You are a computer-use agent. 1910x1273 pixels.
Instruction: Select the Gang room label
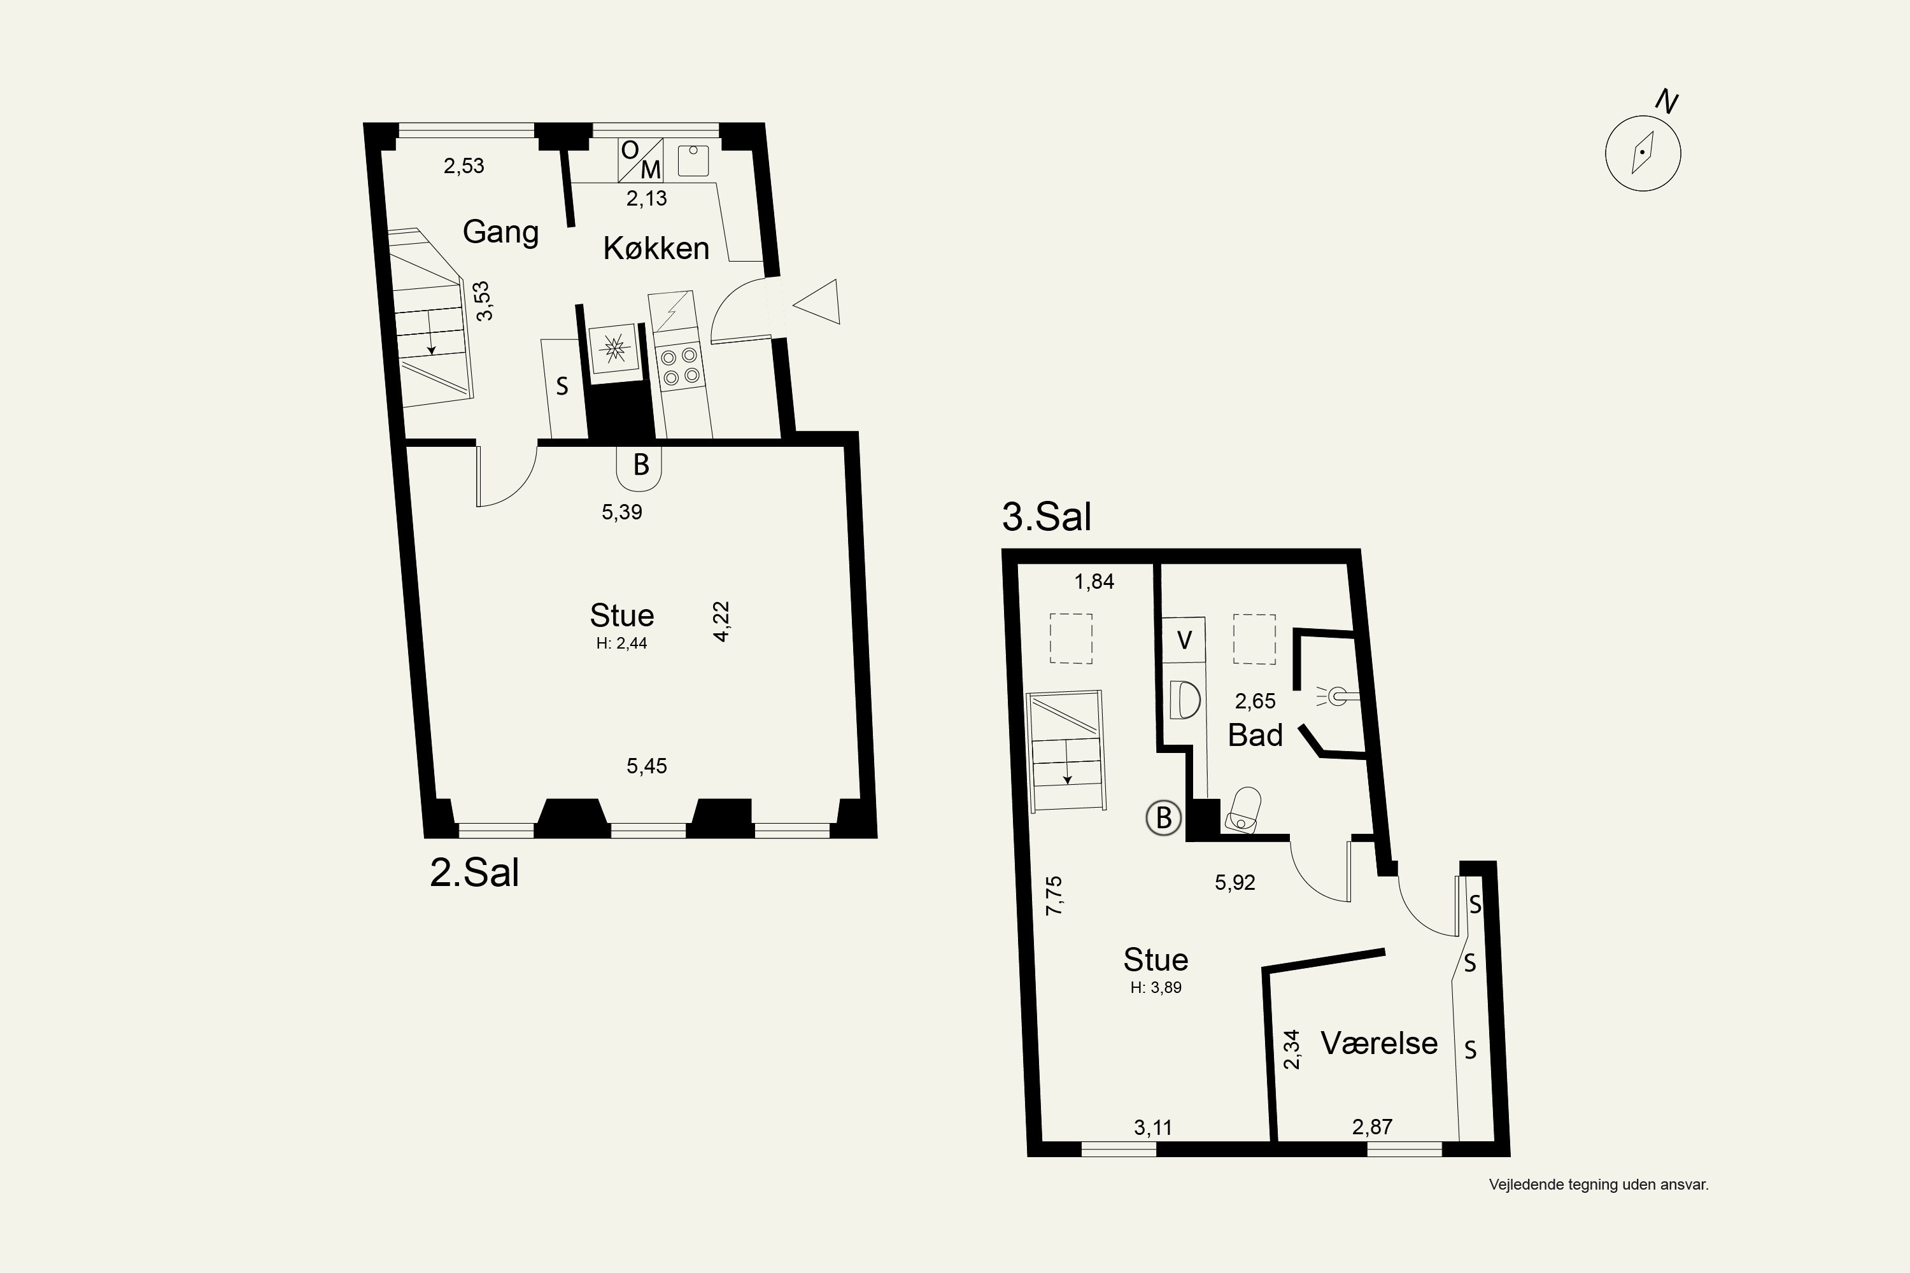pyautogui.click(x=500, y=232)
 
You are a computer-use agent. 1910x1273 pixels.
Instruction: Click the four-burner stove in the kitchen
pyautogui.click(x=680, y=366)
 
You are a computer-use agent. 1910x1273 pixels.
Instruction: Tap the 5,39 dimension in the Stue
pyautogui.click(x=622, y=512)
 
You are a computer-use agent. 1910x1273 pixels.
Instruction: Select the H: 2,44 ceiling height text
pyautogui.click(x=621, y=644)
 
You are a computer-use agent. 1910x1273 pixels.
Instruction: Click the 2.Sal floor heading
pyautogui.click(x=474, y=873)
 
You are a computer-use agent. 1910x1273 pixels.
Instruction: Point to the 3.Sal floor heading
pyautogui.click(x=1047, y=516)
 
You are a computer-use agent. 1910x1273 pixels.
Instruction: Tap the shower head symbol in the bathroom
pyautogui.click(x=1335, y=696)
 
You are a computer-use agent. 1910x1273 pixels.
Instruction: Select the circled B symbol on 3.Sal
pyautogui.click(x=1163, y=817)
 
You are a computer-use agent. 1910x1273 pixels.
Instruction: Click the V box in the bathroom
pyautogui.click(x=1184, y=640)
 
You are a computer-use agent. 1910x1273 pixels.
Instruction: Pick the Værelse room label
pyautogui.click(x=1379, y=1043)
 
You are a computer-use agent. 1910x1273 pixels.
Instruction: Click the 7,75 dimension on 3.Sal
pyautogui.click(x=1054, y=896)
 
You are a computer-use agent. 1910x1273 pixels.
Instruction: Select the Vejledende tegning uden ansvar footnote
pyautogui.click(x=1599, y=1185)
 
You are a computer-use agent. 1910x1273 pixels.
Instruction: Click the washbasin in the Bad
pyautogui.click(x=1185, y=700)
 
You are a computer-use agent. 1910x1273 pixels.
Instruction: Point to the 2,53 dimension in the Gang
pyautogui.click(x=463, y=166)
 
